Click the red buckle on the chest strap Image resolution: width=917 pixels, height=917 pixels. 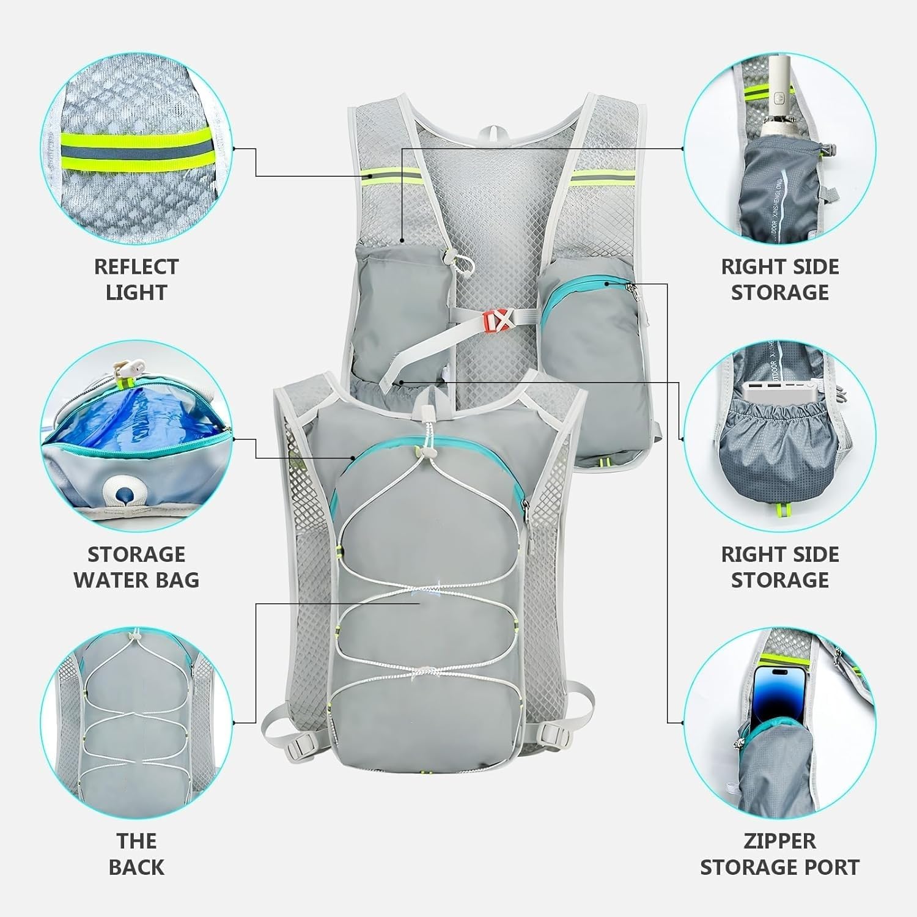click(501, 319)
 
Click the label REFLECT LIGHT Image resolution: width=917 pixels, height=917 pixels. click(136, 279)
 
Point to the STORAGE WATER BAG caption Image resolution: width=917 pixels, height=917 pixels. click(136, 567)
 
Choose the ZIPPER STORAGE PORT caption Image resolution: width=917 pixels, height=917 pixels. click(779, 854)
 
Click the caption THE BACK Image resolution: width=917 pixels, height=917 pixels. click(136, 854)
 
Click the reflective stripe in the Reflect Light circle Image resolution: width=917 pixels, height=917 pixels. click(136, 149)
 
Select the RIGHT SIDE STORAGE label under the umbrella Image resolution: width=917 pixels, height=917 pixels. click(779, 279)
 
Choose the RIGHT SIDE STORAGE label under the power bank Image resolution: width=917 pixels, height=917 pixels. click(779, 567)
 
